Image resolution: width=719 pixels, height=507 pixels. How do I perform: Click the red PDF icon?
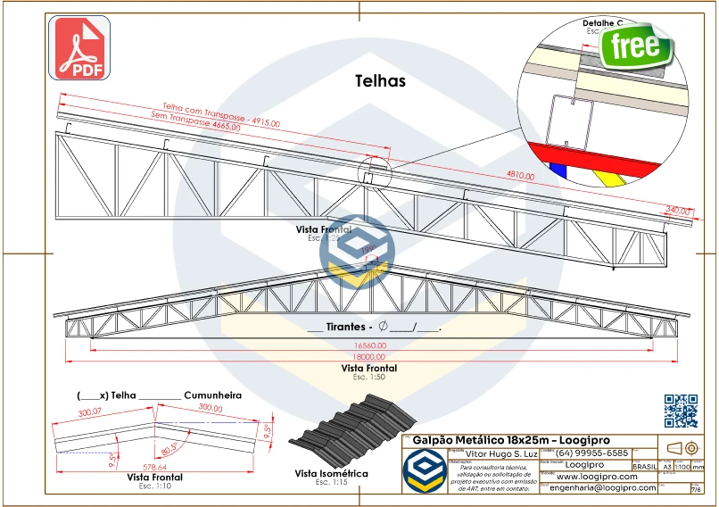(83, 46)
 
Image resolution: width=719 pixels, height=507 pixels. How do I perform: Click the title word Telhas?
(380, 81)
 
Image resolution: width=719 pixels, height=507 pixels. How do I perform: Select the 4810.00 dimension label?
(520, 176)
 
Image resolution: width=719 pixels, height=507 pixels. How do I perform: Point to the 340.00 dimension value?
(679, 210)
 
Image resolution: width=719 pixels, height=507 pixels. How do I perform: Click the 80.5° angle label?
(169, 446)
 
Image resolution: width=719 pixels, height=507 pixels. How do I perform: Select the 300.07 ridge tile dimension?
(90, 413)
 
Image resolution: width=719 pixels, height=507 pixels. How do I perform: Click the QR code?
(681, 410)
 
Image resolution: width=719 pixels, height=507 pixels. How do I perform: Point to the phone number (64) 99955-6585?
(592, 453)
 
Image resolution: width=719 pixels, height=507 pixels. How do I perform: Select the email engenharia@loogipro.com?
(602, 488)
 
